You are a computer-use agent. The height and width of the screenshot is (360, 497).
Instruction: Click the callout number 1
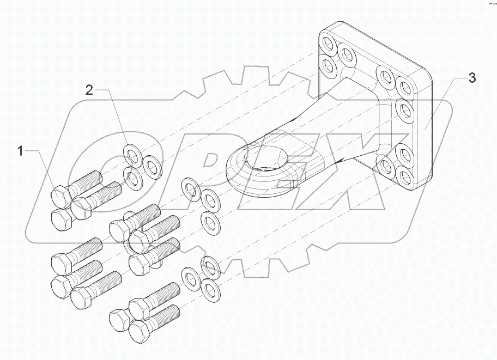pyautogui.click(x=21, y=151)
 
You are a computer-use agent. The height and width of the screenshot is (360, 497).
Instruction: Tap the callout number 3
pyautogui.click(x=472, y=78)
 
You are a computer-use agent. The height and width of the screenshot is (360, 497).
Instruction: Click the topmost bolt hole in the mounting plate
pyautogui.click(x=329, y=44)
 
